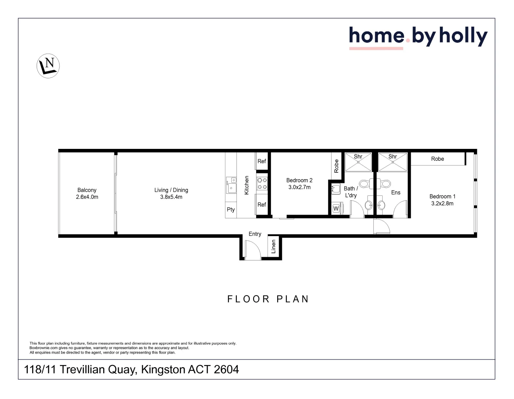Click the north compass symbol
[48, 66]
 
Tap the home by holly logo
[418, 37]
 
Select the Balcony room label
[87, 190]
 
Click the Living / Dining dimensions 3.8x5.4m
[171, 197]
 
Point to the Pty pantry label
[231, 209]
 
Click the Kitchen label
[247, 185]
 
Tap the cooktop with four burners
[262, 184]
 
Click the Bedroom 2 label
[299, 180]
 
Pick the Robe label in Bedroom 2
[336, 166]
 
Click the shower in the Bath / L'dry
[358, 162]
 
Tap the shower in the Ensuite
[393, 162]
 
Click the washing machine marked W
[336, 209]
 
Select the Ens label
[396, 192]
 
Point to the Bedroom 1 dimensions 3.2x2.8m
[442, 204]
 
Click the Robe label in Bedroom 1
[437, 159]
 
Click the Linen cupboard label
[273, 246]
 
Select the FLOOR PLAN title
[268, 299]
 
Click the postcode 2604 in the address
[226, 369]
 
